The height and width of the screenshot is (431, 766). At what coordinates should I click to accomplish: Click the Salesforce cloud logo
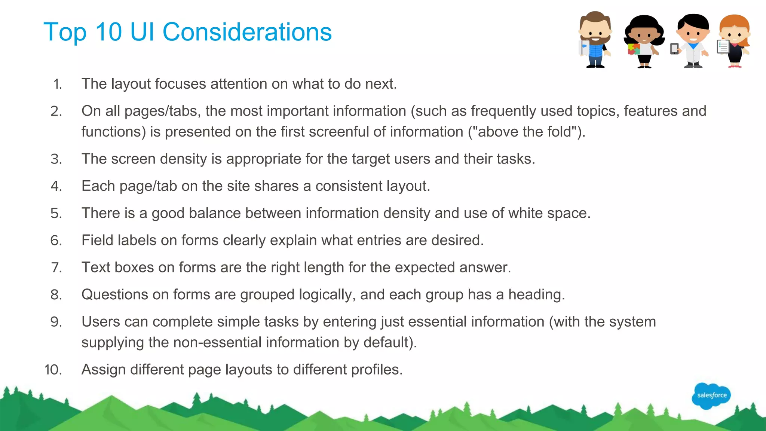pyautogui.click(x=711, y=395)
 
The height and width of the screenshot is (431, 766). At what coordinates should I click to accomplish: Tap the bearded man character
pyautogui.click(x=595, y=40)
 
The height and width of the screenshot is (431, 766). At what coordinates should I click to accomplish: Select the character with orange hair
pyautogui.click(x=735, y=40)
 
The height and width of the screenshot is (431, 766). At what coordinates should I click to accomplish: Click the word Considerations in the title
pyautogui.click(x=247, y=32)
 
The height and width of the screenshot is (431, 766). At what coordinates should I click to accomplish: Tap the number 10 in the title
pyautogui.click(x=108, y=32)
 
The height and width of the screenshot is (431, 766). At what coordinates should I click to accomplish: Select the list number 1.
pyautogui.click(x=57, y=84)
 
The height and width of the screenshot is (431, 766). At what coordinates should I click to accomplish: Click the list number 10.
pyautogui.click(x=53, y=370)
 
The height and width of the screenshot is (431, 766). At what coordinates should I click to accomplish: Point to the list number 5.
pyautogui.click(x=56, y=213)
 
